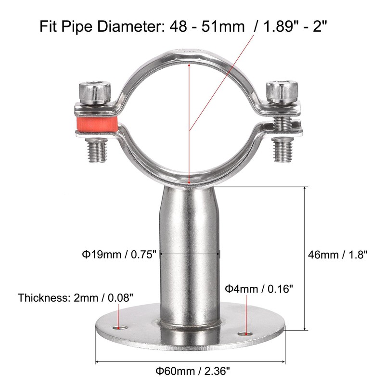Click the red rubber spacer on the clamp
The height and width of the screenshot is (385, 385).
96,125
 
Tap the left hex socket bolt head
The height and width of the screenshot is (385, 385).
95,90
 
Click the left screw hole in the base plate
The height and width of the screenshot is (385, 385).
119,329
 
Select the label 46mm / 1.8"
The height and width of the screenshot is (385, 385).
337,255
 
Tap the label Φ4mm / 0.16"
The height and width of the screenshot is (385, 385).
258,289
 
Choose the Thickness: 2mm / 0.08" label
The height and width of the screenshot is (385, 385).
76,297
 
